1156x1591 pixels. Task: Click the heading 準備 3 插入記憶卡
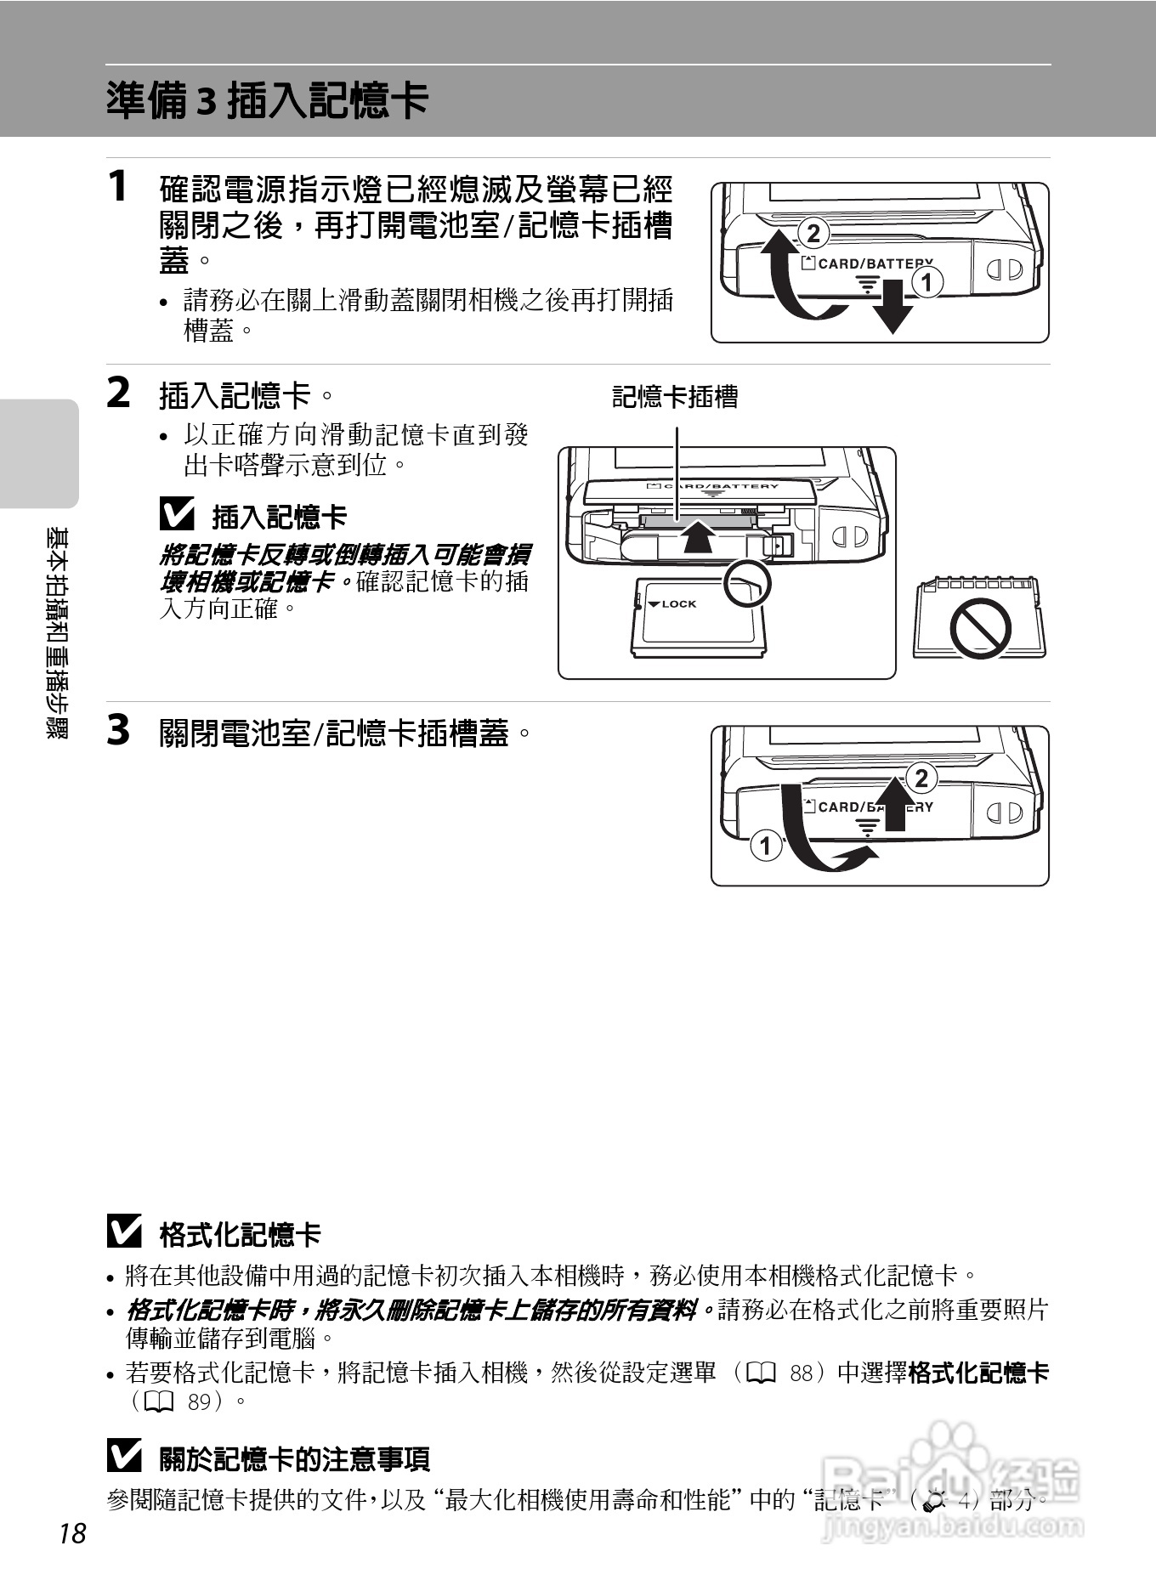[x=267, y=100]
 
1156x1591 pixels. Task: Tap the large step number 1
[x=119, y=186]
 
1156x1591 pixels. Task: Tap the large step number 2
[x=119, y=393]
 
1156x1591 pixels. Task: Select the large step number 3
[x=119, y=730]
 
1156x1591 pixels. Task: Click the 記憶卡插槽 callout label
[x=675, y=397]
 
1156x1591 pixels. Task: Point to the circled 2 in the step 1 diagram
[x=813, y=233]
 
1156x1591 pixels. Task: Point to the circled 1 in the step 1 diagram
[x=927, y=282]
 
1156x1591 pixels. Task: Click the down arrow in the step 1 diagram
[x=892, y=312]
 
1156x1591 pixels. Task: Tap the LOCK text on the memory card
[x=678, y=604]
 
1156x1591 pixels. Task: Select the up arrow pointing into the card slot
[x=699, y=536]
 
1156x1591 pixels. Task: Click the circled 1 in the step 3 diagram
[x=766, y=846]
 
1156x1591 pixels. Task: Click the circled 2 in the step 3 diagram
[x=921, y=778]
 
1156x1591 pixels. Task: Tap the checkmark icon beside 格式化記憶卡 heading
[x=124, y=1232]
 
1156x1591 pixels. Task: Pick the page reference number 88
[x=801, y=1373]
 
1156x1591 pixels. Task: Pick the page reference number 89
[x=199, y=1401]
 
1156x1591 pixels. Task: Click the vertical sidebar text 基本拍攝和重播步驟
[x=59, y=633]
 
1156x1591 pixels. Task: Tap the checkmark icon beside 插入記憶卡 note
[x=177, y=514]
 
